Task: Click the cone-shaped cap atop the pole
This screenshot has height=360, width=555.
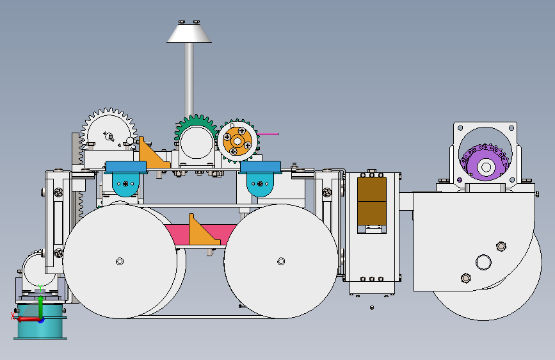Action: (x=189, y=33)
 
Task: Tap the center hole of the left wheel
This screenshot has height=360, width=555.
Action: (x=120, y=261)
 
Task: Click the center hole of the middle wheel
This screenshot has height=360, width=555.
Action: (x=280, y=261)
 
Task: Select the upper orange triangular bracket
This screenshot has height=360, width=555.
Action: (x=152, y=156)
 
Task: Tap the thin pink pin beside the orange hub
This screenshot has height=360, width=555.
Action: (x=268, y=134)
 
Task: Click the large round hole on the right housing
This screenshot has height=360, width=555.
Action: (x=483, y=261)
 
